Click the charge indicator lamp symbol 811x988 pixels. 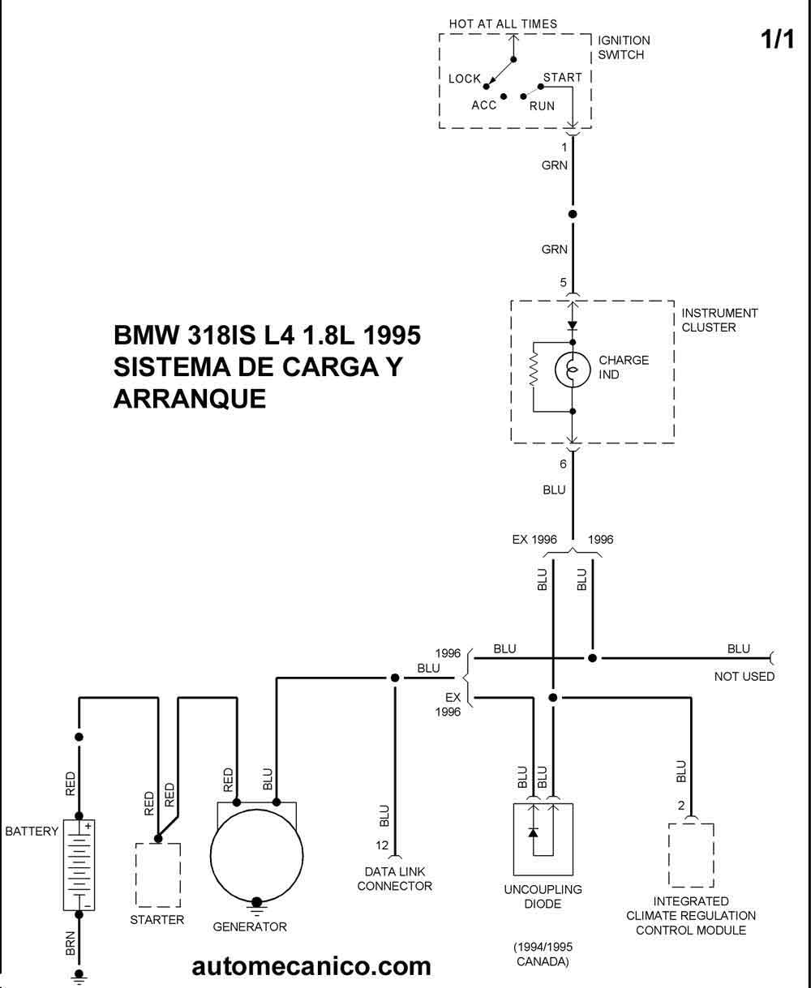point(572,370)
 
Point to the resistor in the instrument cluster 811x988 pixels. point(533,370)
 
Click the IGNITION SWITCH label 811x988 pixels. point(624,47)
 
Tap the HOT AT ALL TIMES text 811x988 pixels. point(503,24)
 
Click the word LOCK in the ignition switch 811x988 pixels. point(465,79)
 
